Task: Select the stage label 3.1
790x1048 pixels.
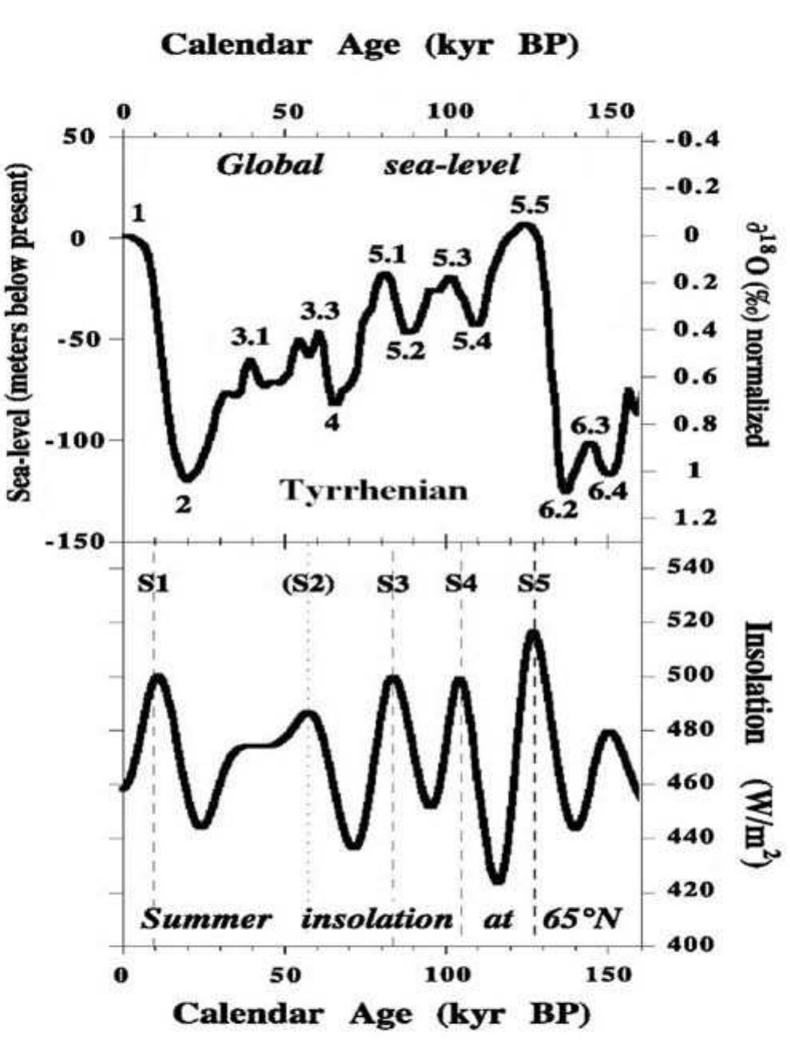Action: click(251, 337)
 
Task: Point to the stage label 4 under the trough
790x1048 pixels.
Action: click(332, 422)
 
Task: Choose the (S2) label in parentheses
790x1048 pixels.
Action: click(308, 584)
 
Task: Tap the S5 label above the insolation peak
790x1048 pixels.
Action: click(533, 584)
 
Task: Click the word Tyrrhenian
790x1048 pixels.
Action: click(373, 489)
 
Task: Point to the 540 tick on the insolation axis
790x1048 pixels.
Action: click(681, 568)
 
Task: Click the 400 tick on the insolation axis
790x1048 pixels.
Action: click(681, 945)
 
